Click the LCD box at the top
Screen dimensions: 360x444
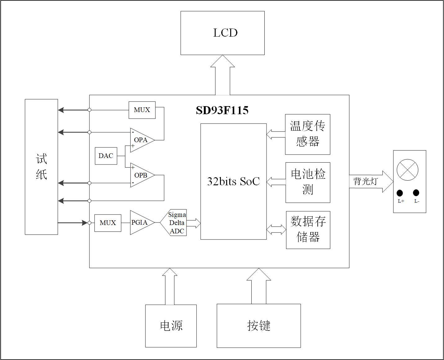pyautogui.click(x=222, y=33)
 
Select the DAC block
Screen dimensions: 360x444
pyautogui.click(x=106, y=156)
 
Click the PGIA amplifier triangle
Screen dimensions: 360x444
pyautogui.click(x=140, y=223)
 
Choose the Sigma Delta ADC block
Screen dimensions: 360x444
pyautogui.click(x=176, y=223)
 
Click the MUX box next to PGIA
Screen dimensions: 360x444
pyautogui.click(x=108, y=223)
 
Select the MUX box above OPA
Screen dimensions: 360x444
pyautogui.click(x=142, y=110)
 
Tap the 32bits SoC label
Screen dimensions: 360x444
pyautogui.click(x=233, y=181)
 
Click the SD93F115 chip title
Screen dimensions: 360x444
pyautogui.click(x=222, y=110)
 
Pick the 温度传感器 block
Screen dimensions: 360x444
pyautogui.click(x=307, y=134)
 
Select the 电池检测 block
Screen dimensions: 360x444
pyautogui.click(x=307, y=182)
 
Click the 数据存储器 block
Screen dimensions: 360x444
pyautogui.click(x=308, y=230)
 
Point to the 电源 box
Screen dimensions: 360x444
pyautogui.click(x=171, y=326)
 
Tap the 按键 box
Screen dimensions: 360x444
pyautogui.click(x=259, y=326)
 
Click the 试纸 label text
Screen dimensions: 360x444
pyautogui.click(x=42, y=167)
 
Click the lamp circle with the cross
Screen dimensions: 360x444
pyautogui.click(x=407, y=170)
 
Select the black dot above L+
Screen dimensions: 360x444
pyautogui.click(x=400, y=193)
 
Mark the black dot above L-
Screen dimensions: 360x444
pyautogui.click(x=416, y=193)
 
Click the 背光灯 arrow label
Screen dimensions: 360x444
pyautogui.click(x=366, y=181)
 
